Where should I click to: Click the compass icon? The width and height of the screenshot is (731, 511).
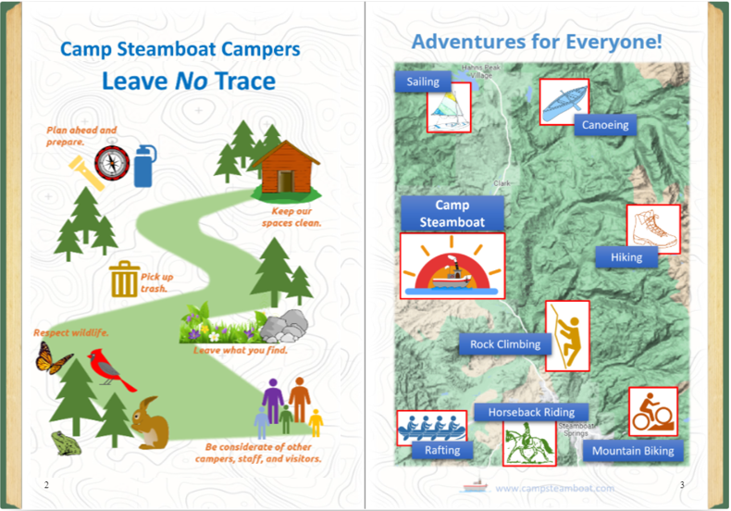tap(112, 163)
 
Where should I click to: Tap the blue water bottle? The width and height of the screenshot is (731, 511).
tap(144, 166)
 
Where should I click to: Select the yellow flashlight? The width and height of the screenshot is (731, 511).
tap(86, 173)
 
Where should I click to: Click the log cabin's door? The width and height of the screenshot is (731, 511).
tap(285, 181)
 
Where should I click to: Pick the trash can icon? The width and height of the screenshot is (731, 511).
tap(124, 279)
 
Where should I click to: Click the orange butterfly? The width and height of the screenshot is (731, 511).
tap(53, 357)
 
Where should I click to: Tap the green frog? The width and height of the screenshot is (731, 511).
tap(66, 442)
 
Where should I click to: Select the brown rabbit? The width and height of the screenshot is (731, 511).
tap(150, 422)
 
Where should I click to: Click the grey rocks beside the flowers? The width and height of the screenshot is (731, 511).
tap(284, 326)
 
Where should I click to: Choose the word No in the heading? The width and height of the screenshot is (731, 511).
tap(192, 81)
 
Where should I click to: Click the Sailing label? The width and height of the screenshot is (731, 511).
tap(423, 81)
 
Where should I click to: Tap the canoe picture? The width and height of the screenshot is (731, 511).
tap(564, 102)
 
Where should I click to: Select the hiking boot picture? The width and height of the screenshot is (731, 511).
tap(653, 229)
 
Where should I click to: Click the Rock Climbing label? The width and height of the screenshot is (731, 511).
tap(505, 344)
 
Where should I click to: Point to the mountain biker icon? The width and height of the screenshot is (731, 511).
tap(652, 412)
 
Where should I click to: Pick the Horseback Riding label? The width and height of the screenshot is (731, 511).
tap(531, 412)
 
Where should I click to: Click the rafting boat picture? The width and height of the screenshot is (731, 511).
tap(432, 428)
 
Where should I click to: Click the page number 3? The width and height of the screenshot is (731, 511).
tap(682, 485)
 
